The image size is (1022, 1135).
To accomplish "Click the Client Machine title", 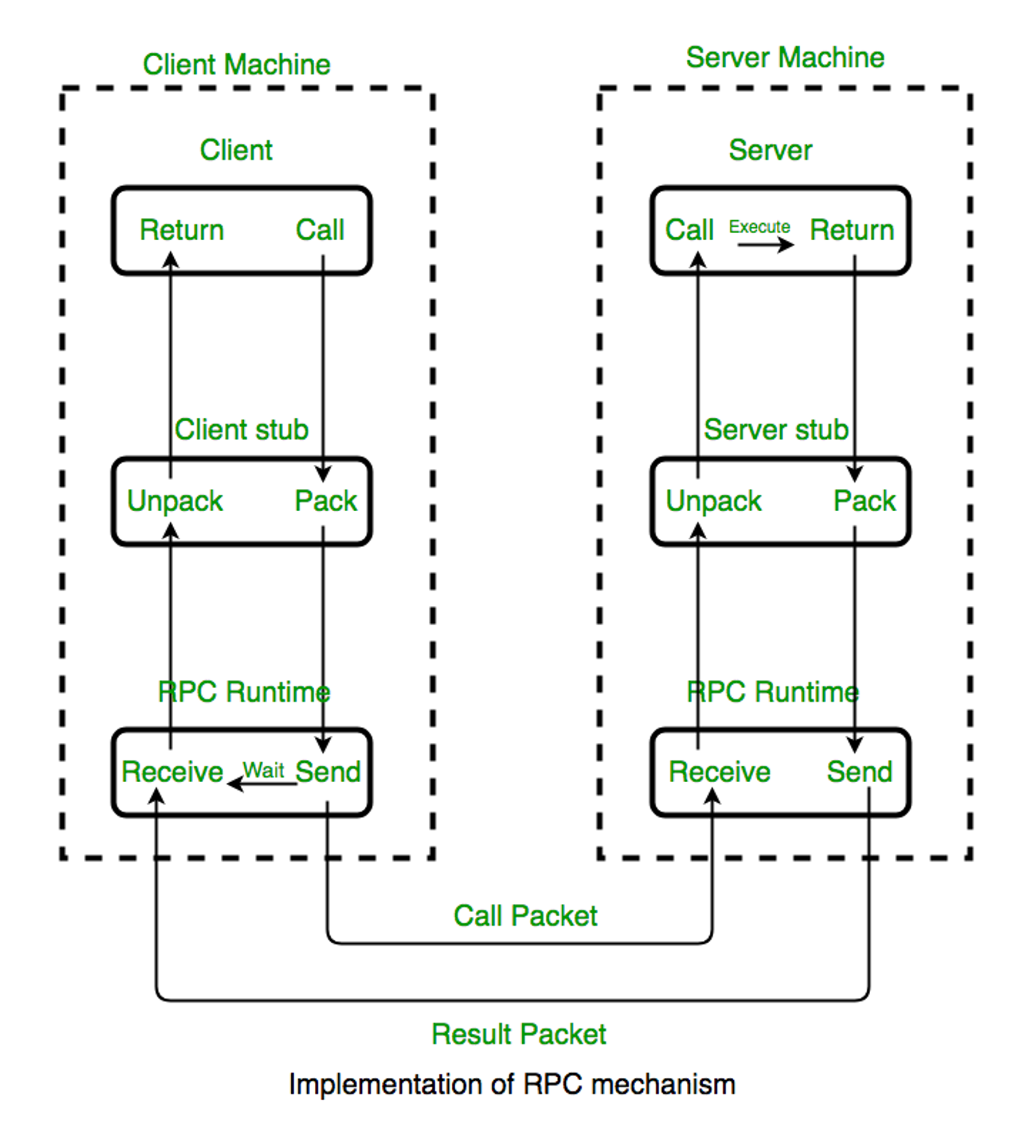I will point(237,64).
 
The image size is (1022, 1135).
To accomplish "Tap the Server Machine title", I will point(785,57).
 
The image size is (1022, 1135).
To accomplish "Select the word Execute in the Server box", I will point(759,226).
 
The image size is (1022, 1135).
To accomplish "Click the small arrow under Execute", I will point(765,244).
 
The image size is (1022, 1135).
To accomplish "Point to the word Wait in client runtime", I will point(263,769).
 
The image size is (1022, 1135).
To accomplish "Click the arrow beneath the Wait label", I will point(262,783).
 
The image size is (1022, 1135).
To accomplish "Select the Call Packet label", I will point(525,916).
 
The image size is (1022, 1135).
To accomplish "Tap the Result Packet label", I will point(518,1034).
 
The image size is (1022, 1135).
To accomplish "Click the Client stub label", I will point(242,429).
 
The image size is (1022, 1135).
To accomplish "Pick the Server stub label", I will point(776,429).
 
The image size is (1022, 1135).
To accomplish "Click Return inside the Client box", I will point(181,230).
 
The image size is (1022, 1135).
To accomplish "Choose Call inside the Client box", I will point(319,230).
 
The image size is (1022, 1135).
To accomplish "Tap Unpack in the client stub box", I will point(175,501).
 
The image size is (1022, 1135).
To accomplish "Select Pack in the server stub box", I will point(864,501).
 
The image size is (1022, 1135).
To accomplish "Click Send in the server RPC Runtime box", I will point(859,771).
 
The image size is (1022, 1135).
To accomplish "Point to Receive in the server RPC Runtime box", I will point(719,771).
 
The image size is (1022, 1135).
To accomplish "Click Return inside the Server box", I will point(851,230).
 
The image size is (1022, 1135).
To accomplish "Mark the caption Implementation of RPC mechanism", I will point(512,1084).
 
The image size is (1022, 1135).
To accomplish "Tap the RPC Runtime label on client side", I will point(244,692).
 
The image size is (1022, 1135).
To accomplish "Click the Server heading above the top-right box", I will point(770,150).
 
